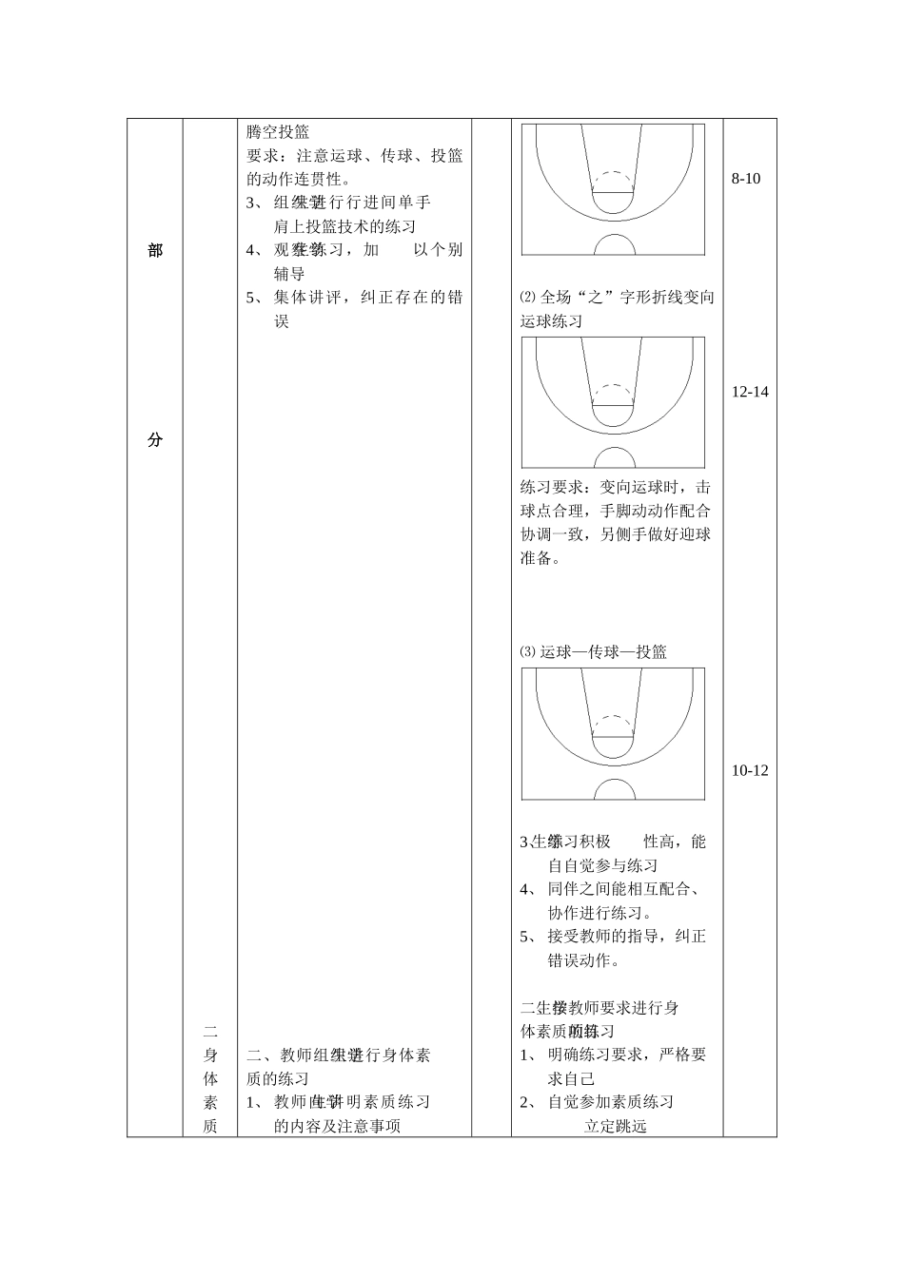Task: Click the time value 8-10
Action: [x=746, y=179]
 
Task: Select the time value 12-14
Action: [x=750, y=392]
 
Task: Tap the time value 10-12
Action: [x=750, y=770]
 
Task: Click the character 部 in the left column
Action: [x=155, y=250]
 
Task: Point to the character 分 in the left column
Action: [x=155, y=440]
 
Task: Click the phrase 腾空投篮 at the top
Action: [x=278, y=132]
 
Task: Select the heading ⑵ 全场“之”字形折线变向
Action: [x=618, y=297]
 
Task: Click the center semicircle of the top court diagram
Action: [x=615, y=245]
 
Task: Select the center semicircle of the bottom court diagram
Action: [x=615, y=790]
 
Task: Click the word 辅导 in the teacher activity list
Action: [x=289, y=274]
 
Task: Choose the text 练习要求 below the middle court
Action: [x=551, y=487]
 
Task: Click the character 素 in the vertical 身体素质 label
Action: [x=211, y=1102]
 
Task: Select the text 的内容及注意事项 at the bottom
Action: [x=337, y=1126]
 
